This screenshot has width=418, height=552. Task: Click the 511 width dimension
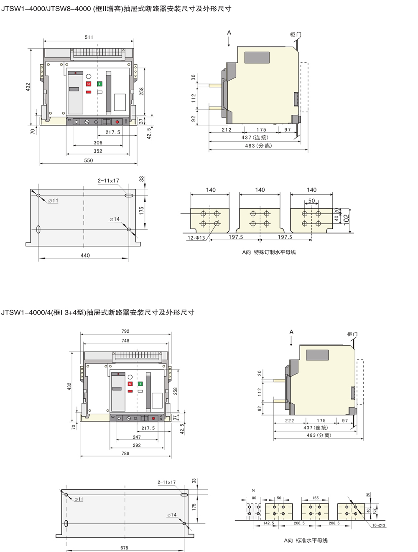pyautogui.click(x=89, y=37)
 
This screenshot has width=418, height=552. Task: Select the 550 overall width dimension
pyautogui.click(x=88, y=160)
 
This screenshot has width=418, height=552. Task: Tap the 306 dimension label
pyautogui.click(x=98, y=142)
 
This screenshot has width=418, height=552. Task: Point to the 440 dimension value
pyautogui.click(x=85, y=256)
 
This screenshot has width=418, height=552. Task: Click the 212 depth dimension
pyautogui.click(x=227, y=129)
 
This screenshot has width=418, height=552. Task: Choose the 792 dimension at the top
pyautogui.click(x=125, y=331)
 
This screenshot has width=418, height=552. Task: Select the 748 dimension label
pyautogui.click(x=125, y=341)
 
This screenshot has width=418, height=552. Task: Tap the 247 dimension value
pyautogui.click(x=137, y=437)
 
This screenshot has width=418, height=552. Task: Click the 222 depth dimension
pyautogui.click(x=289, y=420)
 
